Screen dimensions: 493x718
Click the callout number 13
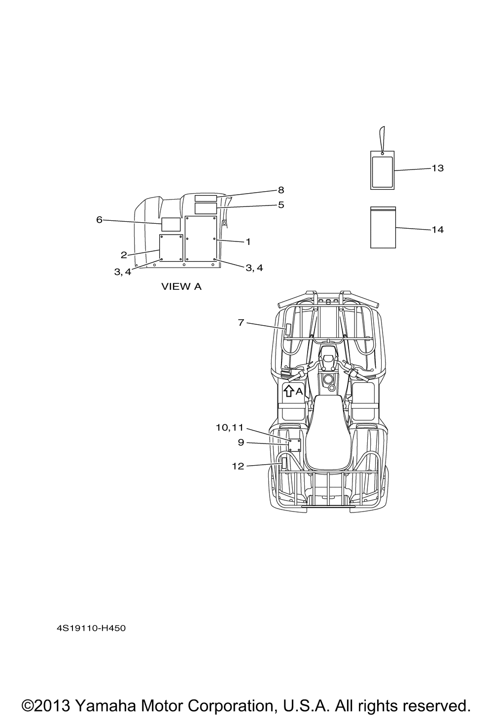tap(437, 168)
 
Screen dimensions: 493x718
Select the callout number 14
tap(437, 230)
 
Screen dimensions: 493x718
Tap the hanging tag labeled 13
tap(382, 170)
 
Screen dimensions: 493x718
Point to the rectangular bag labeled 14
tap(383, 227)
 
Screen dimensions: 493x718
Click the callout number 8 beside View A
tap(281, 190)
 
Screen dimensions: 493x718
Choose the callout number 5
tap(281, 205)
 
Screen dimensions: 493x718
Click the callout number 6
tap(100, 220)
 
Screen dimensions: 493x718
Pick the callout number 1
tap(248, 241)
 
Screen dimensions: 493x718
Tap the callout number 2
tap(124, 255)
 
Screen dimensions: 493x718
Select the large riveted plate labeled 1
tap(201, 239)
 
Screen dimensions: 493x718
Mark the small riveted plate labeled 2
tap(172, 248)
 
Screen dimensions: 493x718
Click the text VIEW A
tap(181, 286)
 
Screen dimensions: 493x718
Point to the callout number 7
tap(241, 322)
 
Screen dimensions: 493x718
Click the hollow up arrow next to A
tap(288, 391)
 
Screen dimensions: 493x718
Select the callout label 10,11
tap(230, 427)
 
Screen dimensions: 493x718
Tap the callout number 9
tap(241, 443)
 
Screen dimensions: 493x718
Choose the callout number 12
tap(238, 466)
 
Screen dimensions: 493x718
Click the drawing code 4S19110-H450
tap(91, 628)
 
